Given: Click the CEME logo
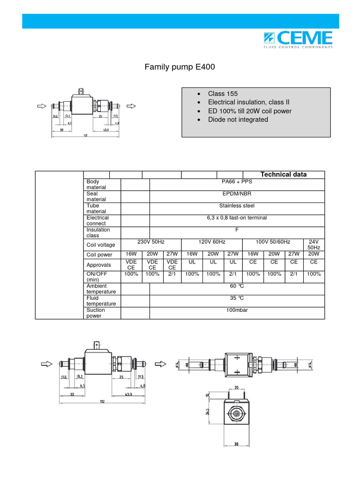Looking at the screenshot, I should pos(304,39).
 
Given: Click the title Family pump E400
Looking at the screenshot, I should pos(180,67).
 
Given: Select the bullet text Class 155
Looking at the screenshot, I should pos(223,94).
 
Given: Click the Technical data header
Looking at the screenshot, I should pos(284,174).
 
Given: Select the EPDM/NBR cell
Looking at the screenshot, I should pos(237,194).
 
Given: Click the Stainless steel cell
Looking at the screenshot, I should pos(237,205).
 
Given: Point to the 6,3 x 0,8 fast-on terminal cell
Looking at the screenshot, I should pos(237,217).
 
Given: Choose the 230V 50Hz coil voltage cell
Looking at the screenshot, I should pos(150,242).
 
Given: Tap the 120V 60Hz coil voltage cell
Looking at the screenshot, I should pos(212,242).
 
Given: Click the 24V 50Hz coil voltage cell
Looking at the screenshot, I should pos(314,244).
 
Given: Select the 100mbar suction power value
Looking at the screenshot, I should pos(237,310).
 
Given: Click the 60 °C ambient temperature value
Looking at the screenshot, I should pos(237,286).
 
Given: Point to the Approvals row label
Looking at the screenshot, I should pos(98,265).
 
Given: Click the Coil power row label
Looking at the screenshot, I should pos(100,255).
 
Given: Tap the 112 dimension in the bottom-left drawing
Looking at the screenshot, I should pos(103,401).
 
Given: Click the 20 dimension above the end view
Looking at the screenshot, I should pos(237,388).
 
